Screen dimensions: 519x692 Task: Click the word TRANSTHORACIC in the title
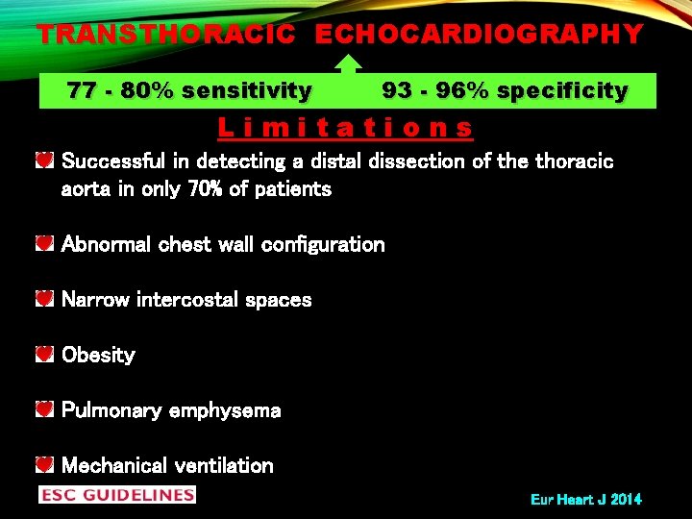point(166,35)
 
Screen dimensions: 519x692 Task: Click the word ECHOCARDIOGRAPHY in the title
point(479,35)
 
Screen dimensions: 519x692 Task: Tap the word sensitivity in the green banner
point(247,91)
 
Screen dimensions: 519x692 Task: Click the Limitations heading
point(346,127)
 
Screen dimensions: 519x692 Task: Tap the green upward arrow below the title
point(348,63)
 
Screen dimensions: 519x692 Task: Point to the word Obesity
point(98,356)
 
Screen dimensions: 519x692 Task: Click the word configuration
point(313,244)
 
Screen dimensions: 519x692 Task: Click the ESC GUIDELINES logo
point(116,495)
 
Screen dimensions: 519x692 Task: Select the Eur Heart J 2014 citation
point(585,500)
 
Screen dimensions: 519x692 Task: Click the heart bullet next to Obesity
point(44,356)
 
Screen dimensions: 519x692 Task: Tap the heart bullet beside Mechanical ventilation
point(44,466)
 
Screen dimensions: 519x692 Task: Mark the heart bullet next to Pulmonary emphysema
point(44,410)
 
